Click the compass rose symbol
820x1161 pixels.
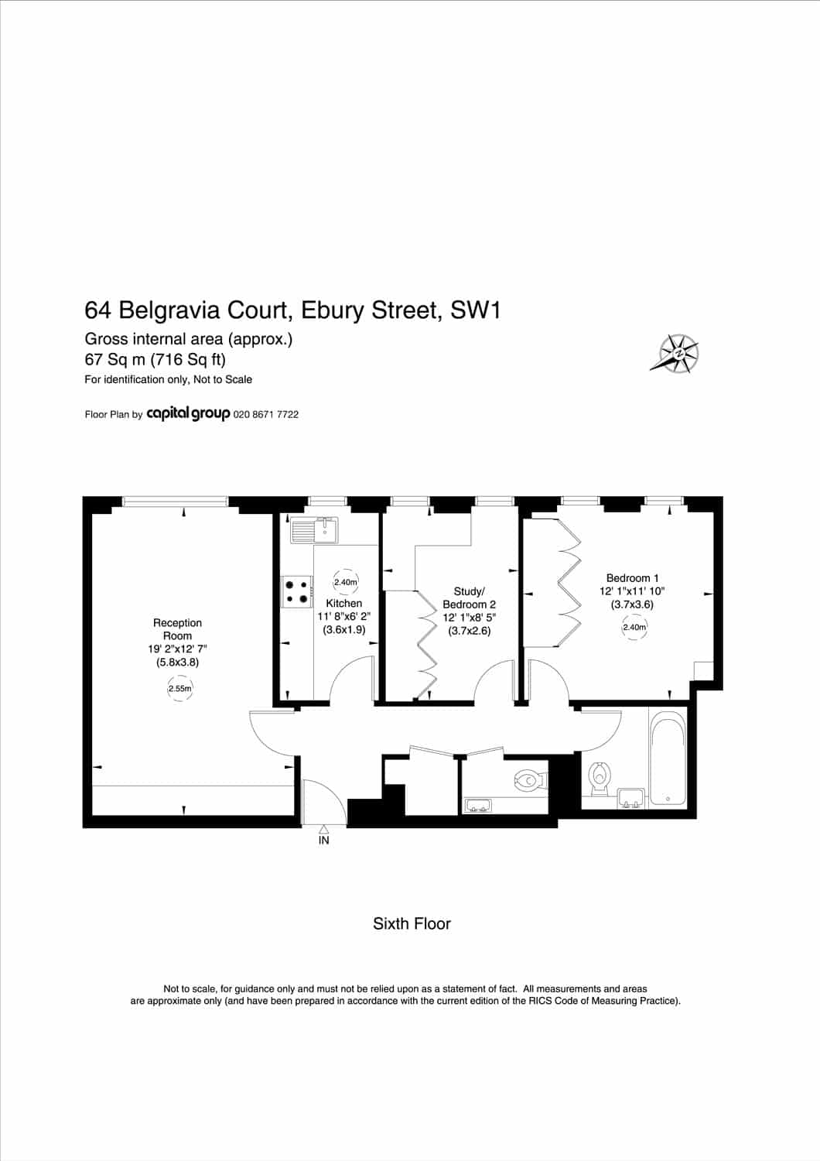click(676, 353)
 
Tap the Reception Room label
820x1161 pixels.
click(177, 629)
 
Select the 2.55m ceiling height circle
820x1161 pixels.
click(179, 689)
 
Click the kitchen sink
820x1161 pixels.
click(314, 529)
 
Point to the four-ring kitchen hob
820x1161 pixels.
click(297, 592)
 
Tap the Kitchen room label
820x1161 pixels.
click(344, 603)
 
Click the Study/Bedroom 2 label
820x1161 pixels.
click(469, 598)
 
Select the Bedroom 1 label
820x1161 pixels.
click(632, 577)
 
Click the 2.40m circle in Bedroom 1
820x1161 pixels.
click(634, 627)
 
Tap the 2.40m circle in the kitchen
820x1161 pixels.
click(345, 582)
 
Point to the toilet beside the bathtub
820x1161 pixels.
click(600, 779)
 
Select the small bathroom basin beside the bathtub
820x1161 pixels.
click(631, 798)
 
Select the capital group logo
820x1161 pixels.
click(188, 414)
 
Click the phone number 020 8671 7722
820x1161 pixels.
click(266, 415)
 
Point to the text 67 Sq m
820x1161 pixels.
click(114, 359)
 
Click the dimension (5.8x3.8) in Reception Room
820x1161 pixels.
click(178, 663)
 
